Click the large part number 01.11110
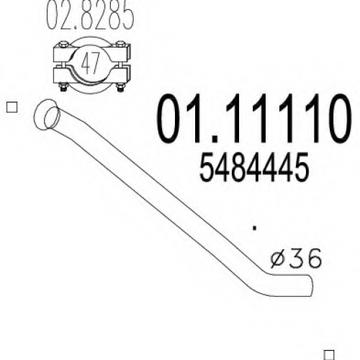(254, 118)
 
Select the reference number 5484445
(254, 167)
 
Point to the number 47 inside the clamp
(90, 63)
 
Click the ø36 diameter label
(296, 258)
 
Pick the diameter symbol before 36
(279, 258)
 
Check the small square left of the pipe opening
(12, 107)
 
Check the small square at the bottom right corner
(329, 355)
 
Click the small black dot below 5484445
(255, 228)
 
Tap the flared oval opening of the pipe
(47, 114)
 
